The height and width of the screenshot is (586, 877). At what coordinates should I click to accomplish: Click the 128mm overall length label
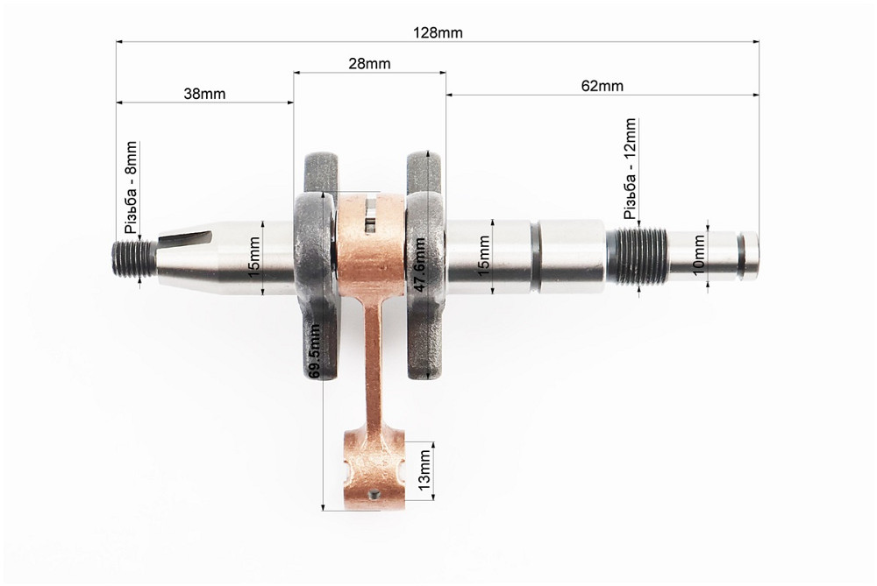(x=438, y=32)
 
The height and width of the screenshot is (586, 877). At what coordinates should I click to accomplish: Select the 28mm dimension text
(x=370, y=64)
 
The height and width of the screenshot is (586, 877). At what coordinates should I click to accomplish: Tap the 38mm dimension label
(x=204, y=94)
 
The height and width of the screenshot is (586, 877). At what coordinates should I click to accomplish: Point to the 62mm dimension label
(x=602, y=86)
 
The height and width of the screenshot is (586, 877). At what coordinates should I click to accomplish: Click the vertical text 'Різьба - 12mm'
(x=631, y=169)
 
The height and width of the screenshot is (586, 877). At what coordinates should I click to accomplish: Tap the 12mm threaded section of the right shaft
(x=636, y=255)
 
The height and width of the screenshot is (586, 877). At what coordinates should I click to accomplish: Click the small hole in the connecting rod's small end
(x=376, y=495)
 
